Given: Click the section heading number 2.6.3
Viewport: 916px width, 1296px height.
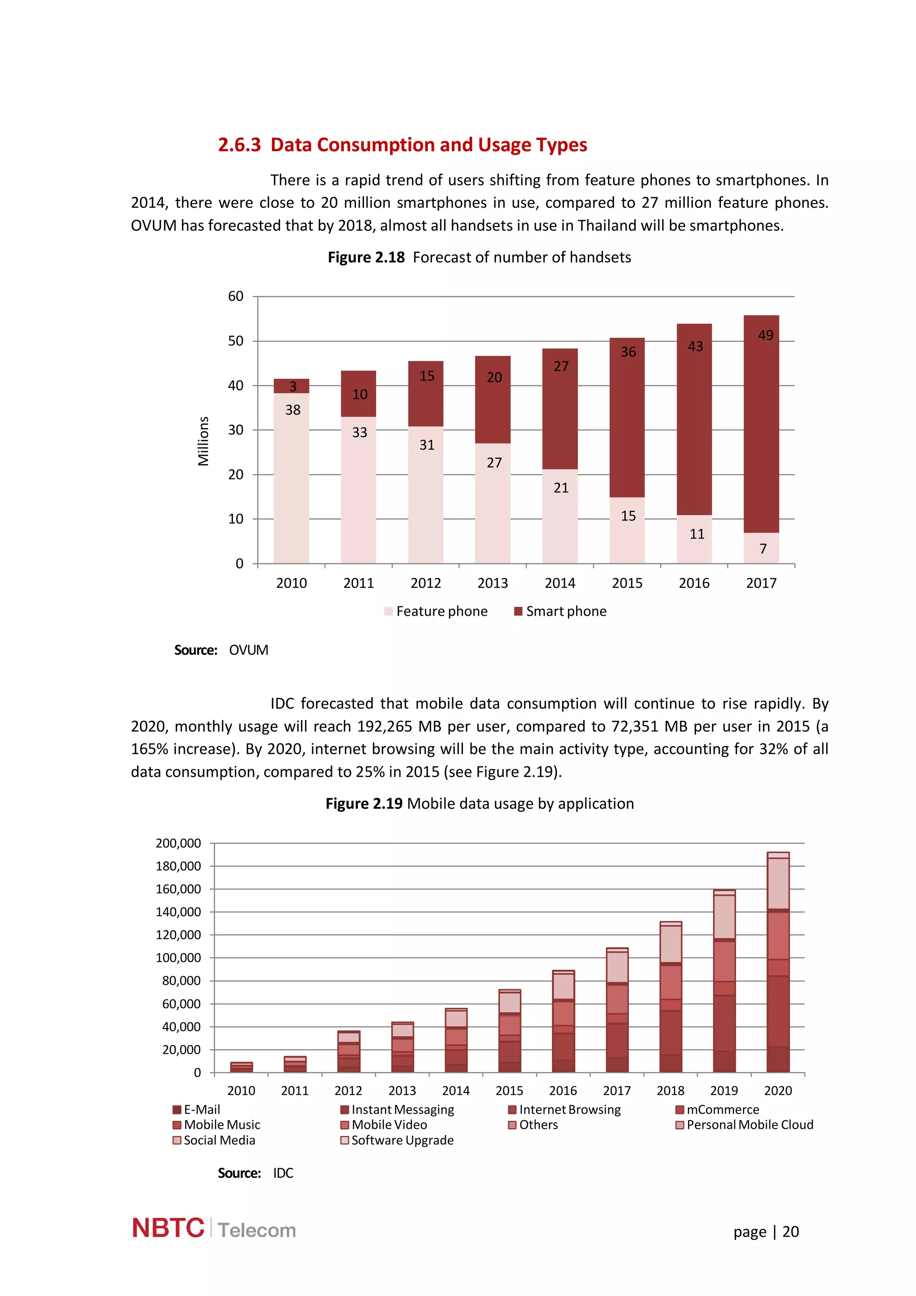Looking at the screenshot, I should coord(239,145).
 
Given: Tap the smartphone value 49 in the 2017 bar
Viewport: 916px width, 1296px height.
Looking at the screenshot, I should coord(765,335).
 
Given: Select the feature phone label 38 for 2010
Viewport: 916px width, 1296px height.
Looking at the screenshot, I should coord(293,410).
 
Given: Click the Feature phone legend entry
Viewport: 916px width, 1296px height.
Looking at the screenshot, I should coord(435,611).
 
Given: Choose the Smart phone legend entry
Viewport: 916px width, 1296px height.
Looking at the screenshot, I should coord(560,611).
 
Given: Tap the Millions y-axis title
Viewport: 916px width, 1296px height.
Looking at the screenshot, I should coord(203,441).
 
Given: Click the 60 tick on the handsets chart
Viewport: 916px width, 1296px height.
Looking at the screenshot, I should coord(235,296).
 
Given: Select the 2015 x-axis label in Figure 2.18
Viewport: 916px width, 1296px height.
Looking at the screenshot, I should coord(627,583).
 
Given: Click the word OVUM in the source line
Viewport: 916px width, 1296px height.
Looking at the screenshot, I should coord(248,650).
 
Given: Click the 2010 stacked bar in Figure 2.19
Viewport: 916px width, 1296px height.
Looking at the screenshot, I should coord(242,1067).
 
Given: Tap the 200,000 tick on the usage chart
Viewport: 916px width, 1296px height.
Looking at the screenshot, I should coord(178,843).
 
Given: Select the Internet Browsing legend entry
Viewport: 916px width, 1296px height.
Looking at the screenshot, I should coord(564,1110).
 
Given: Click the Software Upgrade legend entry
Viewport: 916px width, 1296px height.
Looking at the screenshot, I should coord(397,1140).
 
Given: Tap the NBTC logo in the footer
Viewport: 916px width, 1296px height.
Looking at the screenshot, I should coord(168,1228).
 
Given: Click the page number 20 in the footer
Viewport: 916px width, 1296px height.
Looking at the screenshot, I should coord(790,1232).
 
